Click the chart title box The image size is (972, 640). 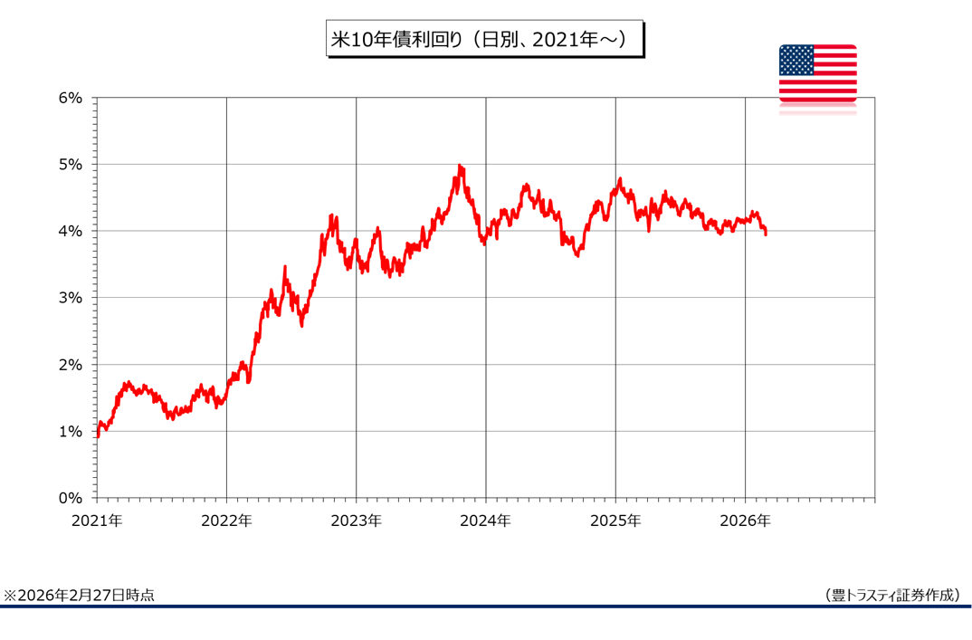(484, 40)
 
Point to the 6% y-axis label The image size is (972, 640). (71, 98)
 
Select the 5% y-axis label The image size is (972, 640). (71, 165)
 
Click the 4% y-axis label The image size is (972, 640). (71, 231)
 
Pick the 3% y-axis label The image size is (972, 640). (71, 298)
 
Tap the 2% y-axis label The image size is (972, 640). (71, 365)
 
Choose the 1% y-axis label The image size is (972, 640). (71, 431)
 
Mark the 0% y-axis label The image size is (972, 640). (71, 498)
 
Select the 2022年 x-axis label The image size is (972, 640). (226, 521)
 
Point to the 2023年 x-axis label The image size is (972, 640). (356, 521)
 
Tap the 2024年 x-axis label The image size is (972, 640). (486, 521)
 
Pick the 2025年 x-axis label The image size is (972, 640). (615, 521)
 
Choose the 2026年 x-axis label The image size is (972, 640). (746, 521)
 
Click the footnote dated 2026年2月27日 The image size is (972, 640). (80, 595)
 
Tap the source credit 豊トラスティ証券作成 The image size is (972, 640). (892, 595)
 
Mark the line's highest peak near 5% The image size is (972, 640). (460, 167)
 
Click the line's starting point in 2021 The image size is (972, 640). (97, 435)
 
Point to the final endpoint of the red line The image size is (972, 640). (767, 234)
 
